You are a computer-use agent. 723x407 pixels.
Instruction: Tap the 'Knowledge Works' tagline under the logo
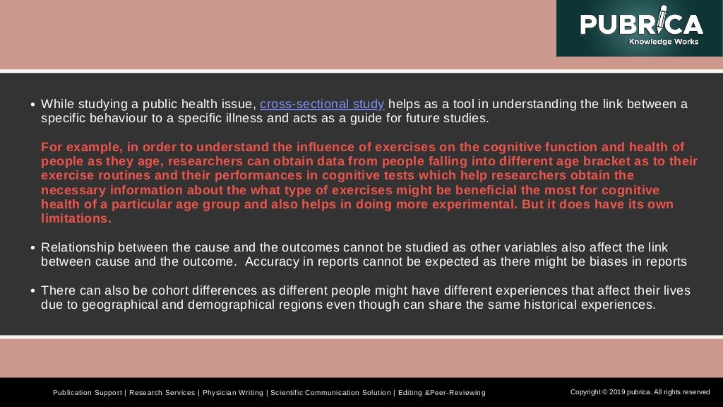click(x=663, y=42)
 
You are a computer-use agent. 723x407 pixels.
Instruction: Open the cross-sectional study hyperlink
click(x=322, y=105)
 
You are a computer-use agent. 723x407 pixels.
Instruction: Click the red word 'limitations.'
click(x=76, y=218)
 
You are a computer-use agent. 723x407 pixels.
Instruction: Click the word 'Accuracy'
click(x=274, y=261)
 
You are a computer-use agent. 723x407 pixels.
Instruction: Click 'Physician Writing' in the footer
click(x=234, y=393)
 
